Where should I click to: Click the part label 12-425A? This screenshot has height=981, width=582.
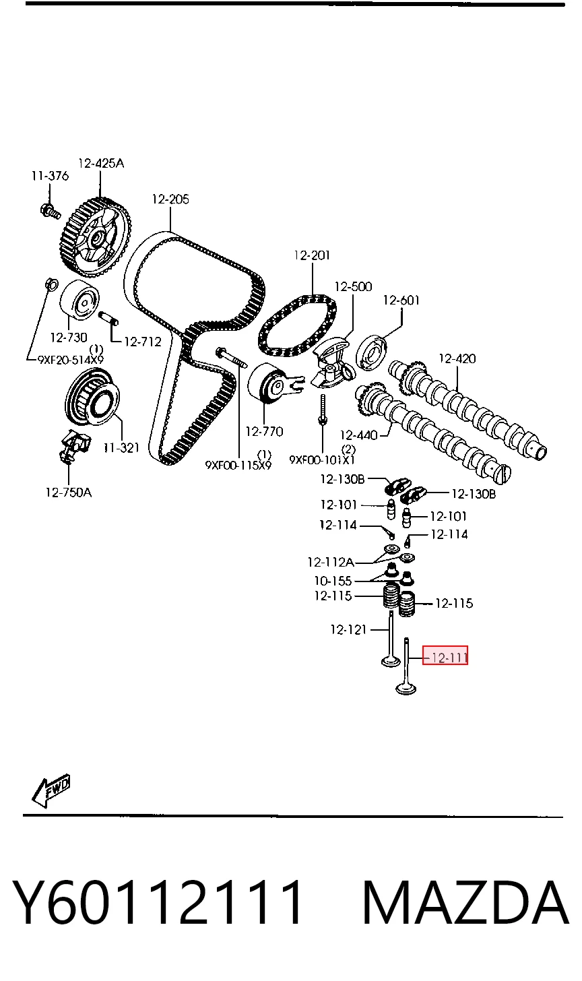pyautogui.click(x=101, y=163)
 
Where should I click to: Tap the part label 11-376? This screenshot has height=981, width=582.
pyautogui.click(x=50, y=176)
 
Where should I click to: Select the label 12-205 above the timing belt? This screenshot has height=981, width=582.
pyautogui.click(x=170, y=199)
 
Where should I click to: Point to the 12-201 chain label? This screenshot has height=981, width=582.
pyautogui.click(x=312, y=255)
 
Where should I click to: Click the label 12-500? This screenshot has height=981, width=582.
pyautogui.click(x=353, y=286)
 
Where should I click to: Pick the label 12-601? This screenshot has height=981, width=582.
pyautogui.click(x=401, y=300)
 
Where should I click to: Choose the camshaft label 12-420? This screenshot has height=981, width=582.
pyautogui.click(x=457, y=358)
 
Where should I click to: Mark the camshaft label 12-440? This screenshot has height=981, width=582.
pyautogui.click(x=358, y=435)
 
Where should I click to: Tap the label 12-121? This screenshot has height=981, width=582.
pyautogui.click(x=348, y=629)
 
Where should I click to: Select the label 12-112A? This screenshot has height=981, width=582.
pyautogui.click(x=331, y=561)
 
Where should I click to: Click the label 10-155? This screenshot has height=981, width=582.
pyautogui.click(x=333, y=581)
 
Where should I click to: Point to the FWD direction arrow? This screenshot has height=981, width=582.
pyautogui.click(x=51, y=790)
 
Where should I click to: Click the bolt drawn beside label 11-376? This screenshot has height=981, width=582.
pyautogui.click(x=50, y=211)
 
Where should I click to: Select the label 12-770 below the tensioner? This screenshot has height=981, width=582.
pyautogui.click(x=264, y=431)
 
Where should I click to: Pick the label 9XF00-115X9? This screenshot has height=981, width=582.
pyautogui.click(x=238, y=465)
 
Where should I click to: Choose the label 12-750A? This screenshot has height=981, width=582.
pyautogui.click(x=69, y=493)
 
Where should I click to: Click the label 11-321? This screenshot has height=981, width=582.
pyautogui.click(x=121, y=447)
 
